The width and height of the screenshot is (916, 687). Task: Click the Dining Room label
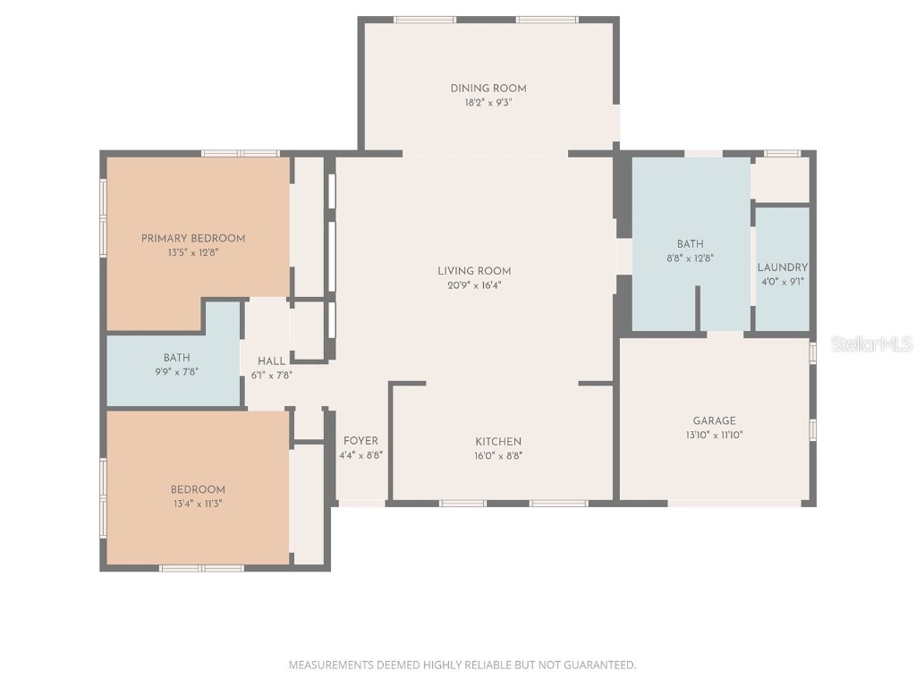click(488, 88)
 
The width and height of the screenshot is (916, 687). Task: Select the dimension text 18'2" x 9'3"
click(488, 102)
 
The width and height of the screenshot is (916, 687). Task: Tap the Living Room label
click(474, 271)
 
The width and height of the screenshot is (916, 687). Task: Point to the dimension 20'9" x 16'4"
click(474, 285)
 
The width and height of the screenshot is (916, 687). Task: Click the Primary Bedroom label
click(193, 238)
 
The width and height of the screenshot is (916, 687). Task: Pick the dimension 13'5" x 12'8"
click(193, 252)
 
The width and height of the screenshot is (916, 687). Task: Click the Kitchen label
click(498, 441)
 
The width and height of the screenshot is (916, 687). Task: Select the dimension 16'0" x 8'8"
click(498, 455)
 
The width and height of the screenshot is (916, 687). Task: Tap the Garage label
click(715, 420)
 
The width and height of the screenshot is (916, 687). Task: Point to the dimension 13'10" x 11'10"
click(715, 435)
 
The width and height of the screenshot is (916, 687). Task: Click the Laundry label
click(783, 267)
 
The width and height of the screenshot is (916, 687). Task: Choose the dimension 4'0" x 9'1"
click(783, 282)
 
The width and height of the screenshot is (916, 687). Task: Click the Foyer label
click(360, 440)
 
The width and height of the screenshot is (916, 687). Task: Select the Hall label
click(272, 360)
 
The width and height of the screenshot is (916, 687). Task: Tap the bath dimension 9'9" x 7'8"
click(176, 372)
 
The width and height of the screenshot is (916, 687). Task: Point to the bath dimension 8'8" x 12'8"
click(691, 258)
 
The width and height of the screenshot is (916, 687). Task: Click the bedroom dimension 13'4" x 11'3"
click(198, 504)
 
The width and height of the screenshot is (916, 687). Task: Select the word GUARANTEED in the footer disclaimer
click(603, 665)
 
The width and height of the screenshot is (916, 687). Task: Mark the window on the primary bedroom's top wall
click(241, 153)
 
